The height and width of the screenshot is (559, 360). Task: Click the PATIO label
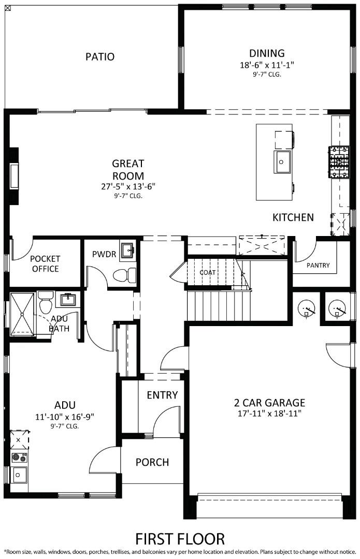coord(100,56)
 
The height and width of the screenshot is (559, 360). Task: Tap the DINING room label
coord(267,53)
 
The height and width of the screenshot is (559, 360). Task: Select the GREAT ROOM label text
coord(128,169)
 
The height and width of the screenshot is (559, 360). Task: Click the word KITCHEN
coord(293,217)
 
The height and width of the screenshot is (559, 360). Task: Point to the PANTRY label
coord(318,266)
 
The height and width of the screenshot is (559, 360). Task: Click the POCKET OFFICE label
coord(45,263)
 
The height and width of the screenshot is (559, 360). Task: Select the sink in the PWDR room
coord(127,252)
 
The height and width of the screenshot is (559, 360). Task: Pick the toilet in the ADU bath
coord(46,301)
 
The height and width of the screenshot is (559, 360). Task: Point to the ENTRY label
coord(162,395)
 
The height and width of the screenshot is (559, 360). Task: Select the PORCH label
coord(152,462)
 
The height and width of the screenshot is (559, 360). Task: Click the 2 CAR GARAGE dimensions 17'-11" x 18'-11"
coord(269,413)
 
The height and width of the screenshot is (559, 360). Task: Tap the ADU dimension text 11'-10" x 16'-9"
coord(65,417)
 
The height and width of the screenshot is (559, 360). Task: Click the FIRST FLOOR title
coord(180,539)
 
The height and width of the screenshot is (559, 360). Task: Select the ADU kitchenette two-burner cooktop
coord(20,457)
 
